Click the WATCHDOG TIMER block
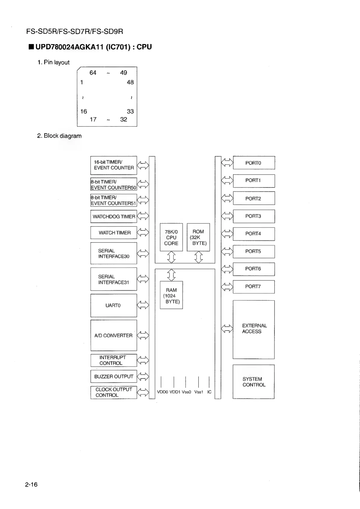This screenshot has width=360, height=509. (114, 216)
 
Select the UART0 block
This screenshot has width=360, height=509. (114, 305)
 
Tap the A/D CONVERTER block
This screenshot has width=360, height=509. (114, 335)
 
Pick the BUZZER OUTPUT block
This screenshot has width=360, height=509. (114, 377)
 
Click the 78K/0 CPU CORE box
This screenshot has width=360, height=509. (171, 237)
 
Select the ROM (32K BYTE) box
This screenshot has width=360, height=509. (198, 237)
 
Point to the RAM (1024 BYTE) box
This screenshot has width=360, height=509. (171, 295)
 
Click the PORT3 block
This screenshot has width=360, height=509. (254, 216)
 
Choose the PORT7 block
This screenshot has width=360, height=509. (254, 287)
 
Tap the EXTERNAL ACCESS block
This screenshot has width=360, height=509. (254, 329)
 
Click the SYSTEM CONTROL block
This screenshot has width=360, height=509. (254, 382)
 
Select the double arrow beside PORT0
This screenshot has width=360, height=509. (227, 163)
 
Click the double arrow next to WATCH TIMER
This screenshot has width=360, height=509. (143, 232)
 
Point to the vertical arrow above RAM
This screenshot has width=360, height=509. (171, 275)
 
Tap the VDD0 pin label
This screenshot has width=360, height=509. (162, 392)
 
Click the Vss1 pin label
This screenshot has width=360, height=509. (199, 392)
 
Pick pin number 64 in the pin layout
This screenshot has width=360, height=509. (93, 73)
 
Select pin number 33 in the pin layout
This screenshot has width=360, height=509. (130, 111)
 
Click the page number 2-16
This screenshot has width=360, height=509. (31, 485)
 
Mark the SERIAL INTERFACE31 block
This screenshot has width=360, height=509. (114, 279)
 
